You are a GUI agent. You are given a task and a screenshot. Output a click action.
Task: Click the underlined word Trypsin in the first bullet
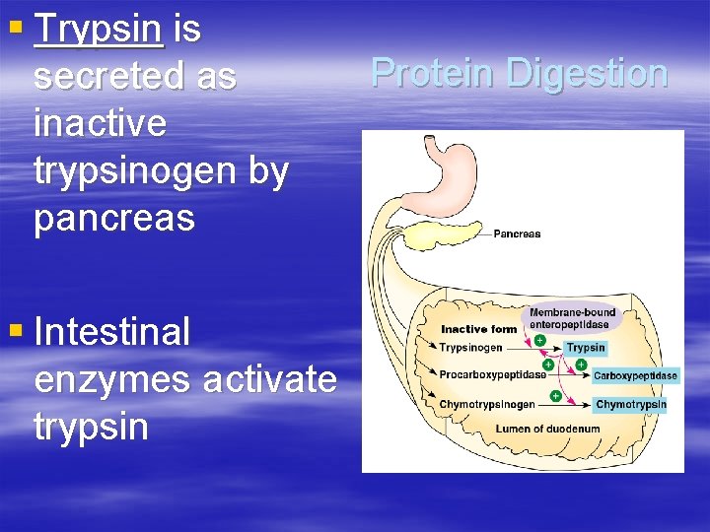pos(98,31)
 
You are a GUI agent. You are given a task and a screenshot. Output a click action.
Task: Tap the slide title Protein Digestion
pos(519,73)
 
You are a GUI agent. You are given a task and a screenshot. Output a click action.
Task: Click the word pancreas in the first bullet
pos(114,219)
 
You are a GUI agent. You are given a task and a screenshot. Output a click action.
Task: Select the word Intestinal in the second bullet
pos(111,333)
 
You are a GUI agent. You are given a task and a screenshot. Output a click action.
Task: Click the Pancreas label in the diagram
pos(517,234)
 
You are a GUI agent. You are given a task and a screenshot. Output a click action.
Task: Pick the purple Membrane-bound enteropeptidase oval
pos(572,318)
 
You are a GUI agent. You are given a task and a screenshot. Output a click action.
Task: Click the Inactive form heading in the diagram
pos(478,330)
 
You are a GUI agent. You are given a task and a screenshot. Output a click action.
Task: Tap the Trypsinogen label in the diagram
pos(471,348)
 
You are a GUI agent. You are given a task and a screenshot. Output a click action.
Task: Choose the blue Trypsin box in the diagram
pos(586,348)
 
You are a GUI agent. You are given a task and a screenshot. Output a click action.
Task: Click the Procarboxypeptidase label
pos(493,375)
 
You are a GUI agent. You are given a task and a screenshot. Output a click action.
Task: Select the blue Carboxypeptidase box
pos(635,376)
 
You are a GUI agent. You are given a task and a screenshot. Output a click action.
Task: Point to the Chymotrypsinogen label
pos(487,404)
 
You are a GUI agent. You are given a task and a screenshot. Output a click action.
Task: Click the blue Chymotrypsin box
pos(631,405)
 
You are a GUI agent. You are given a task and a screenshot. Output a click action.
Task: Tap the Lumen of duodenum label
pos(532,430)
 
